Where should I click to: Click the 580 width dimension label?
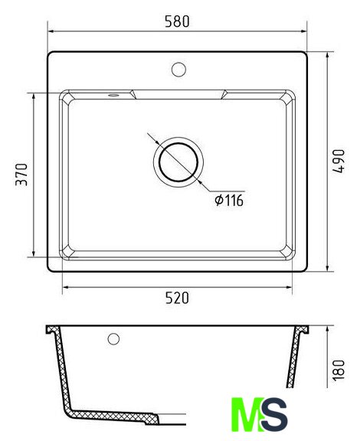pos(177,21)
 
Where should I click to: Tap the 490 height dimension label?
pos(339,161)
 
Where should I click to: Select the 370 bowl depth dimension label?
pos(21,175)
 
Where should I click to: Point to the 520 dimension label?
pos(177,298)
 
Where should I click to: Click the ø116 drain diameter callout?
pos(229,201)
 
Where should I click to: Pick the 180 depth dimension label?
pos(339,370)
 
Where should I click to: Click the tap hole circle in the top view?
pos(178,70)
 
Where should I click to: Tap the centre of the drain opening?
pos(178,162)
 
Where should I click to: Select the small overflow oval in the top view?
pos(113,95)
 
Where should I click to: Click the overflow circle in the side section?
pos(113,339)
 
